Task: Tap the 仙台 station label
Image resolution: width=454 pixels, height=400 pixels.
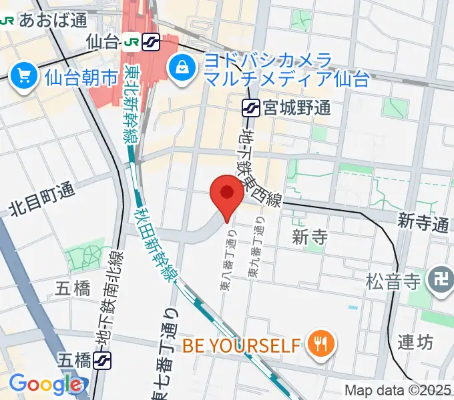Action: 103,42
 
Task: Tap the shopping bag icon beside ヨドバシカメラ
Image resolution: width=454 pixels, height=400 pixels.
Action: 181,66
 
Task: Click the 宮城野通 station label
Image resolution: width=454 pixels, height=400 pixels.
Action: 296,106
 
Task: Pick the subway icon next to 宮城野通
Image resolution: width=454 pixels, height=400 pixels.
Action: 251,106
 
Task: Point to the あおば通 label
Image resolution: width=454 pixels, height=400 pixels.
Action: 53,20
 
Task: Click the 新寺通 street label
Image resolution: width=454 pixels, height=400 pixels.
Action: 422,223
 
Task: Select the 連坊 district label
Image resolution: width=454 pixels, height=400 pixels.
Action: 415,342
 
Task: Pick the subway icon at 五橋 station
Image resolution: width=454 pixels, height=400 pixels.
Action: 102,361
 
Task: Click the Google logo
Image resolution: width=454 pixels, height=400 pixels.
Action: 45,384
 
